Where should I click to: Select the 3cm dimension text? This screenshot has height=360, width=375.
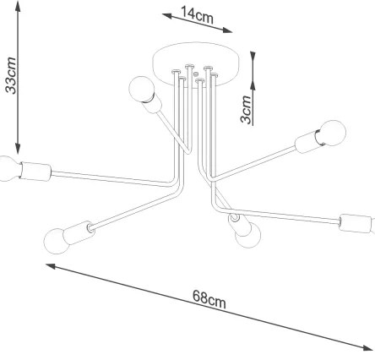pyautogui.click(x=245, y=109)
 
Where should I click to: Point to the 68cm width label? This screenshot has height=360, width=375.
pyautogui.click(x=209, y=297)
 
